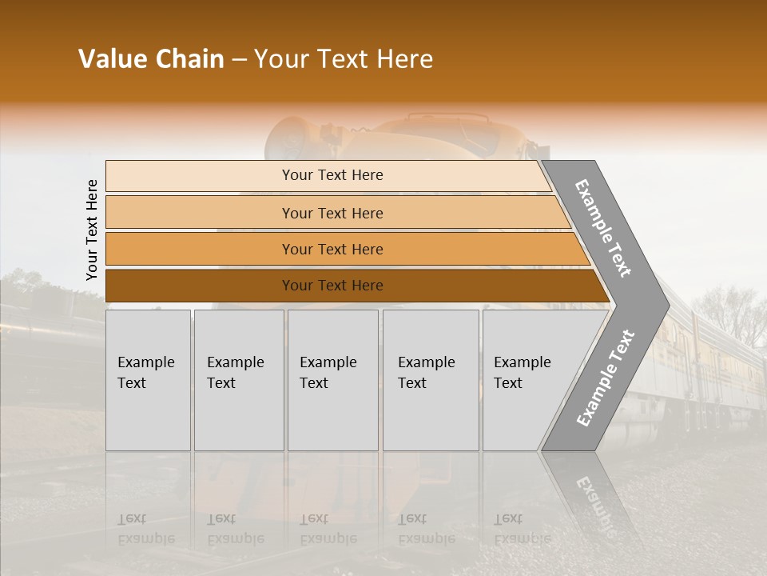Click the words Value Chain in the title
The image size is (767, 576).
pos(151,59)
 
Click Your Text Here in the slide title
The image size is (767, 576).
pos(344,59)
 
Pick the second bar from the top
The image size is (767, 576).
pos(332,213)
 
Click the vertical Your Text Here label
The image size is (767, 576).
pos(92,230)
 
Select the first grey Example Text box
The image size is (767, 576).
pos(148,380)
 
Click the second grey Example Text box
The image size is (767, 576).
pos(239,380)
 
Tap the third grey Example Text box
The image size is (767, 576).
pos(332,380)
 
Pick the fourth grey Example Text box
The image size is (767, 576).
pos(431,380)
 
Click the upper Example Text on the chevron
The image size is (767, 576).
pos(603,228)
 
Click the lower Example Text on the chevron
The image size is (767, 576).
pos(606,378)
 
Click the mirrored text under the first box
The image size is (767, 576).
pos(145,529)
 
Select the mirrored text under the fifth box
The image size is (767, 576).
pos(522,529)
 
